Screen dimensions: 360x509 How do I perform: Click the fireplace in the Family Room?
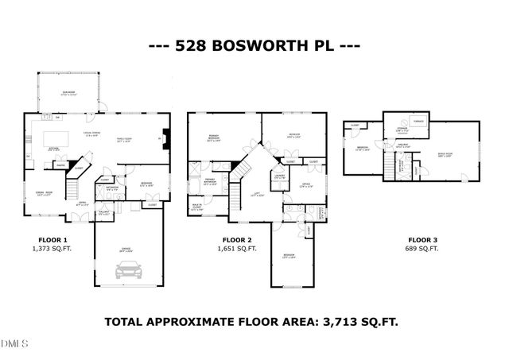point(165,135)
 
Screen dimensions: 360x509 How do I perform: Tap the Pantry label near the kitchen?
point(60,165)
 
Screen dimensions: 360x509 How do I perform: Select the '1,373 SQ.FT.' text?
point(53,249)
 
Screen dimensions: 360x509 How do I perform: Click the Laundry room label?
point(279,176)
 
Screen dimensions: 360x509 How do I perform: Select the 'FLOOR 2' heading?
point(237,239)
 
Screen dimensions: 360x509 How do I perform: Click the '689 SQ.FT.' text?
point(423,249)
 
